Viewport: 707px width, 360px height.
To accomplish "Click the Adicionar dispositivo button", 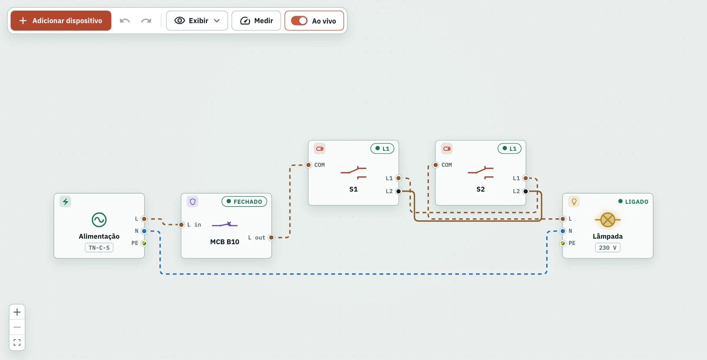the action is [61, 20].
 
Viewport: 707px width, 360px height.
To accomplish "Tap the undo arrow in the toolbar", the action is [125, 20].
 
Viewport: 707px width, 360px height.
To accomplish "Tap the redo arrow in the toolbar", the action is [146, 20].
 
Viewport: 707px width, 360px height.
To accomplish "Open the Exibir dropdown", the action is [197, 20].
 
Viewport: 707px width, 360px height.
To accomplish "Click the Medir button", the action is [256, 20].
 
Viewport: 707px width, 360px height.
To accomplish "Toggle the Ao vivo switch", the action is [299, 20].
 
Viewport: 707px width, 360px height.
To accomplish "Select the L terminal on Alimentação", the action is [144, 219].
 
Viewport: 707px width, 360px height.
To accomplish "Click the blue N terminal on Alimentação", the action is [144, 231].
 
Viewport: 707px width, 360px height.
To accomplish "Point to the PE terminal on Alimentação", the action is [144, 243].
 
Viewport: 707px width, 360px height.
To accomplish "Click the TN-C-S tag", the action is [99, 248].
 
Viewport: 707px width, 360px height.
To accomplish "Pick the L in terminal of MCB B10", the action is [181, 225].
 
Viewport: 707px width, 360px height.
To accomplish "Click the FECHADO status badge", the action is [244, 201].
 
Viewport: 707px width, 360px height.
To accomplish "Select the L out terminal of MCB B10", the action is [271, 238].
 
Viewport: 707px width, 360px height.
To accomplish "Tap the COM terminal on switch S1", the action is [309, 165].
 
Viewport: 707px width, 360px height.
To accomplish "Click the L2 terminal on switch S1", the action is [399, 191].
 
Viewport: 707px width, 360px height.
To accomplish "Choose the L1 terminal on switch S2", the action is [526, 178].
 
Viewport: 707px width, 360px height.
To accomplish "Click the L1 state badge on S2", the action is [509, 148].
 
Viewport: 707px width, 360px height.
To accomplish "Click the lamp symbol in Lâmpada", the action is [608, 220].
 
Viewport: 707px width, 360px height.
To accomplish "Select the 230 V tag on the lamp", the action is [608, 248].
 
